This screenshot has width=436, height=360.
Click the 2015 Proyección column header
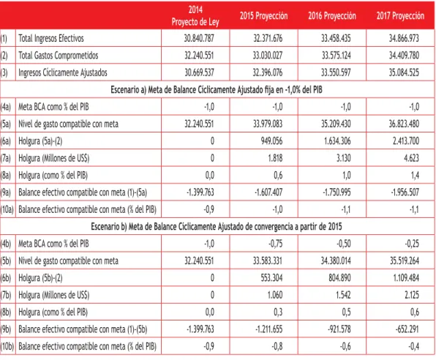pos(263,16)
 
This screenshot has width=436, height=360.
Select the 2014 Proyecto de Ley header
pos(195,15)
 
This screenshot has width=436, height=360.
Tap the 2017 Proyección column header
pos(400,16)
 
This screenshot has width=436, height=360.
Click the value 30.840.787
pos(199,38)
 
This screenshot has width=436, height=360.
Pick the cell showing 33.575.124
pos(336,56)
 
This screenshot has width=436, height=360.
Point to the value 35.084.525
pos(404,72)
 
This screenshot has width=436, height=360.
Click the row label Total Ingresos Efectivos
pos(51,38)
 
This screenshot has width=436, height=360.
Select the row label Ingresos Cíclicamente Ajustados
pos(63,73)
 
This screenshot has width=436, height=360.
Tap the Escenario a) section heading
pos(217,90)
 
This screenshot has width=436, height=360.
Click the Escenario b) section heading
pos(217,227)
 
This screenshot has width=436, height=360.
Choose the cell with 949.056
pos(271,141)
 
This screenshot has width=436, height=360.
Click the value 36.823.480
pos(404,124)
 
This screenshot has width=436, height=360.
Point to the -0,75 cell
pos(275,244)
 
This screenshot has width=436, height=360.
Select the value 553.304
pos(271,278)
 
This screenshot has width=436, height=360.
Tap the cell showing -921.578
pos(339,329)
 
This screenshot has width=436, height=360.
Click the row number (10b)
pos(7,347)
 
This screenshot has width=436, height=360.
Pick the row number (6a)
pos(6,141)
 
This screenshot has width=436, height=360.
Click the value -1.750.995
pos(337,192)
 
